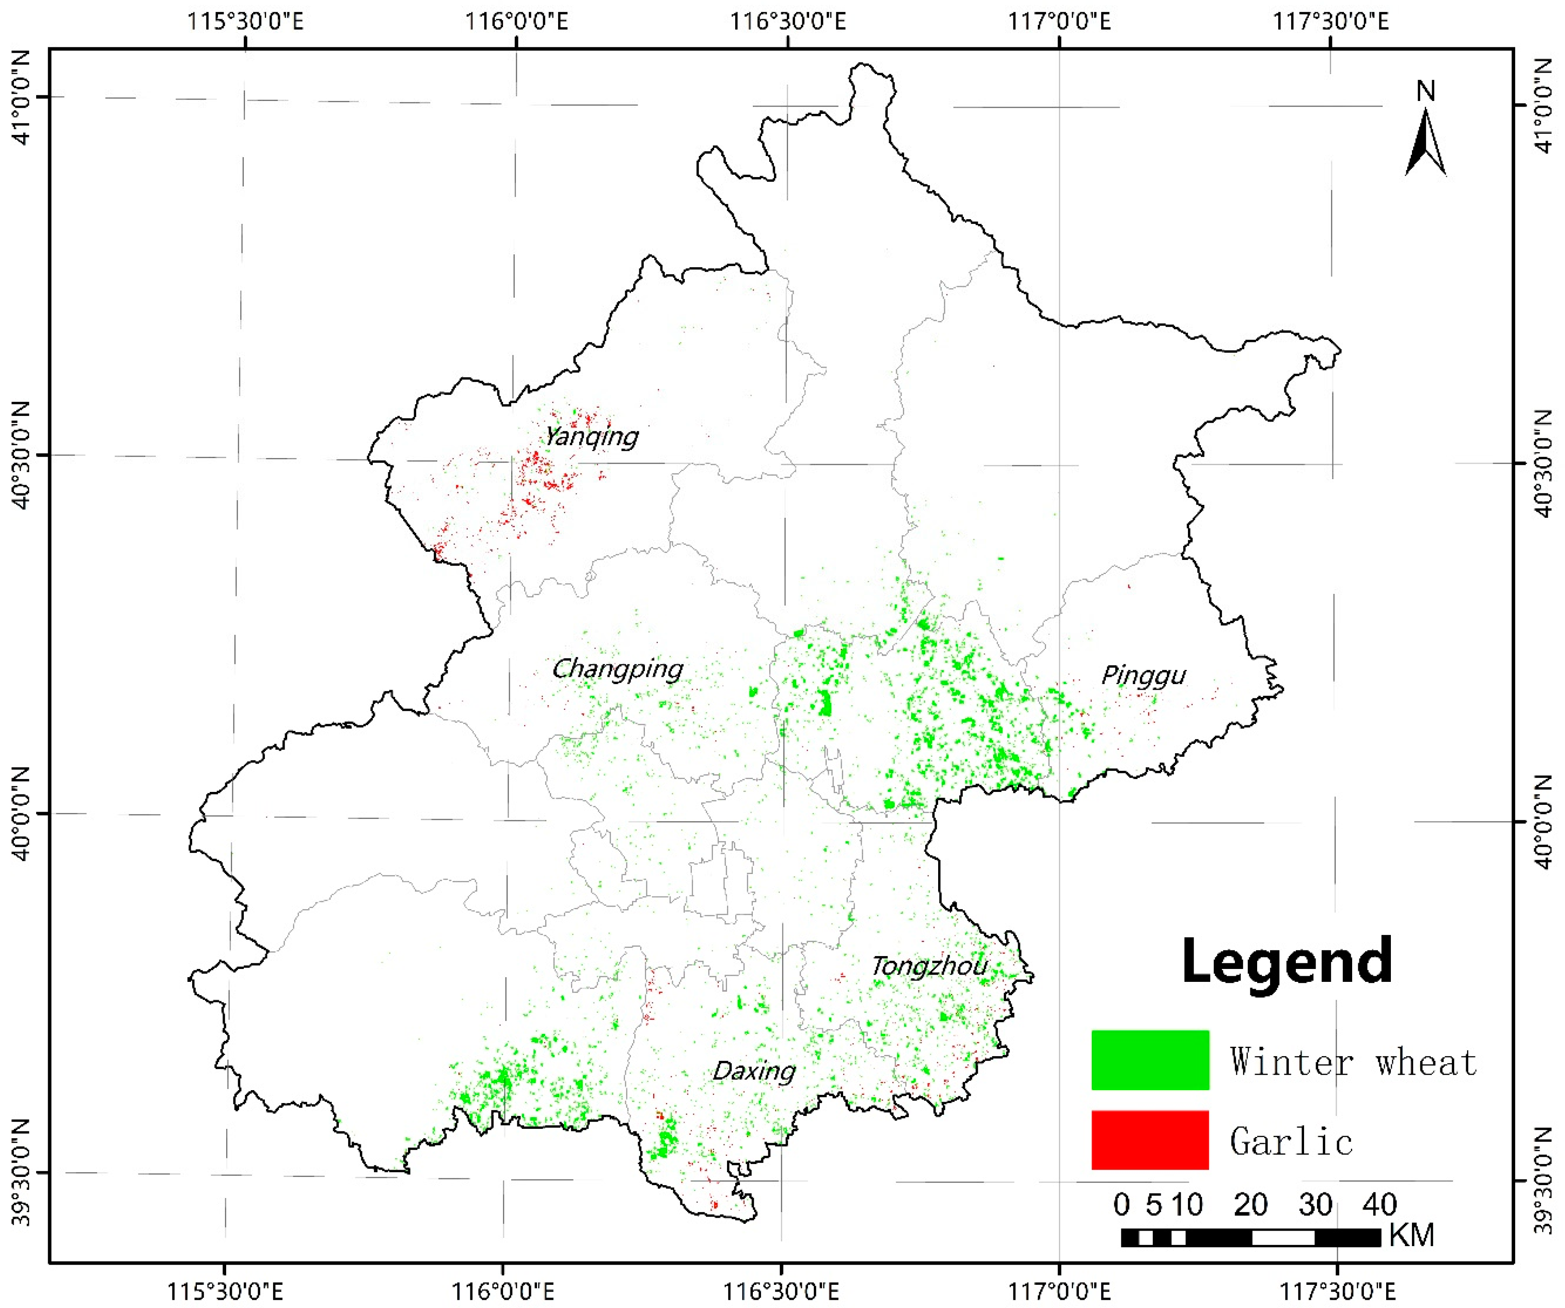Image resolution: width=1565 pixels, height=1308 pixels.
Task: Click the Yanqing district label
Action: [592, 437]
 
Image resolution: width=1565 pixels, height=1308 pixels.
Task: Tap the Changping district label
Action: [617, 669]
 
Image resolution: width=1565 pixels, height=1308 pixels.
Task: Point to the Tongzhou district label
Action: [929, 967]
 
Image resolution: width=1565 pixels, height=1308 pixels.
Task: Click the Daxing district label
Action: [754, 1071]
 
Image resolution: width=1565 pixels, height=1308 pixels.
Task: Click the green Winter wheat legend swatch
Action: [1150, 1060]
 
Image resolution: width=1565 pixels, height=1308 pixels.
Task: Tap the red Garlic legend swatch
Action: [1150, 1140]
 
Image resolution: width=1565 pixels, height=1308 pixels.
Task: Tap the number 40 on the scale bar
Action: [1379, 1204]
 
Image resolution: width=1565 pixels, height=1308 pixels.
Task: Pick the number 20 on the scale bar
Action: [1251, 1204]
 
